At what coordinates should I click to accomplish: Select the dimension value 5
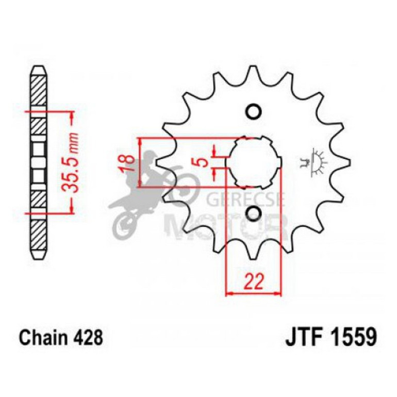[205, 162]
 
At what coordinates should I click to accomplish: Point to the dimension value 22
[254, 282]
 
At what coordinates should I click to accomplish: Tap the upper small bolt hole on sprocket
[253, 112]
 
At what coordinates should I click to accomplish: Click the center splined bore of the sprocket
[253, 162]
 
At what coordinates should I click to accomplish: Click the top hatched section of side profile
[39, 90]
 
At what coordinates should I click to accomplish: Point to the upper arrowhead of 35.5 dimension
[71, 114]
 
